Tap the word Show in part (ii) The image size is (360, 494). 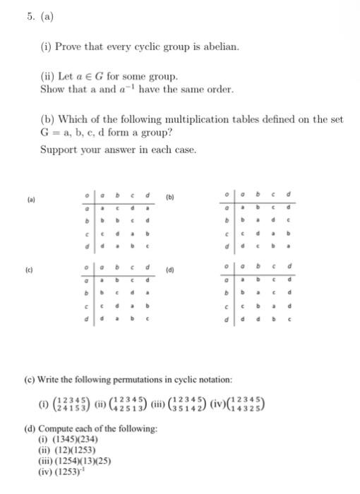point(52,90)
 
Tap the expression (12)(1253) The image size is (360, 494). point(71,450)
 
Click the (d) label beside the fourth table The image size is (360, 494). point(172,268)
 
